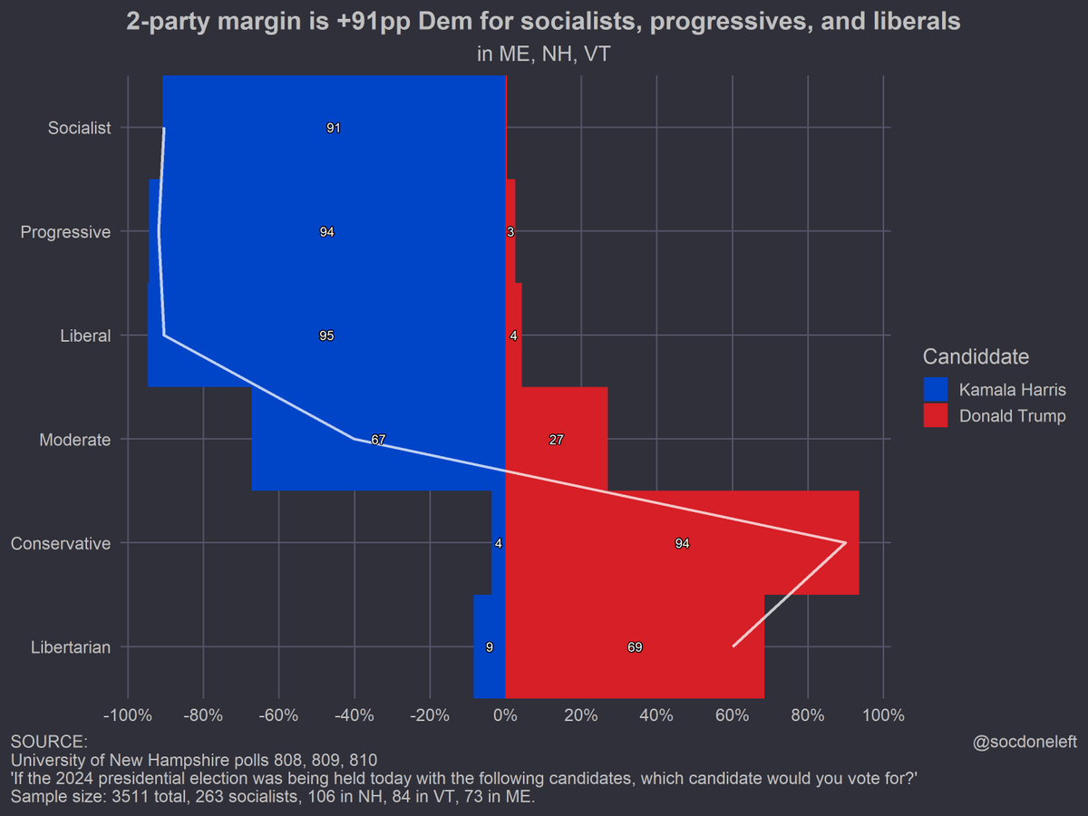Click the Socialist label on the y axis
(x=79, y=128)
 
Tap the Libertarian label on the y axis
(x=71, y=647)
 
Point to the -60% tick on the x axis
(x=277, y=715)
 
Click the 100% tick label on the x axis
(x=884, y=715)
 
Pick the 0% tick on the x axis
(x=505, y=715)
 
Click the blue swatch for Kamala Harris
(x=935, y=390)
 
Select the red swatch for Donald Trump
(x=935, y=415)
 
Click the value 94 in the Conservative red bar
(x=683, y=544)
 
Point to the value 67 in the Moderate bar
(x=378, y=440)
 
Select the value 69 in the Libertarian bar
(x=635, y=647)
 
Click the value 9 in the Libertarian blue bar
(x=490, y=647)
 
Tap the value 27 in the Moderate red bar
(x=557, y=440)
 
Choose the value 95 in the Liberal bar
(x=326, y=336)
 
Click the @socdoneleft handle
(x=1024, y=742)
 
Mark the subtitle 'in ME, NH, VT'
(x=543, y=54)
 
